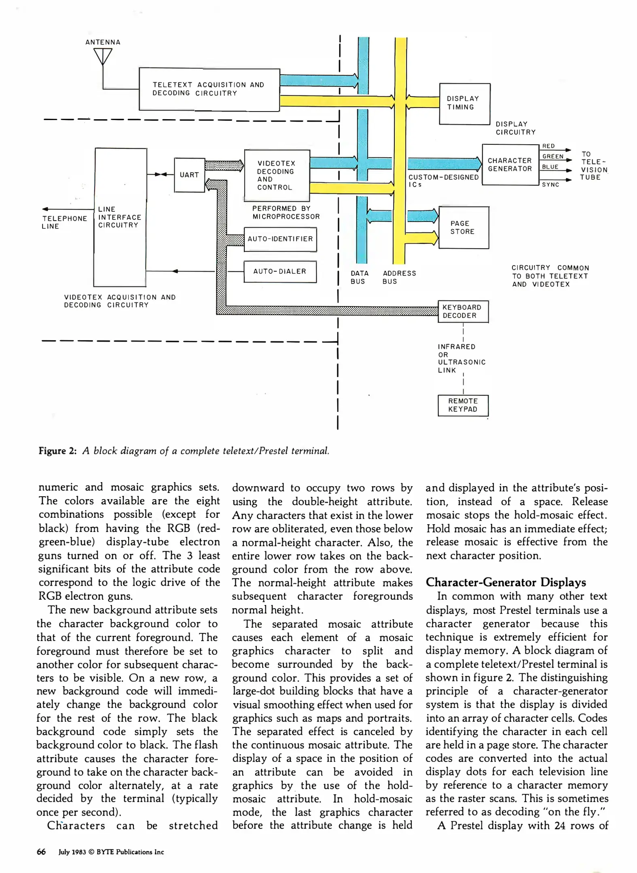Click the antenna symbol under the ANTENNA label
click(x=103, y=57)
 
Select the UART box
click(x=189, y=175)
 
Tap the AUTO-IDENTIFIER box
click(x=280, y=239)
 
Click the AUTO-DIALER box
click(x=280, y=272)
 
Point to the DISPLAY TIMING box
click(x=464, y=103)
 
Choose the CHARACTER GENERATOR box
click(x=510, y=164)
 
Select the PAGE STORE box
click(x=463, y=228)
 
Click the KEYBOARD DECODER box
click(x=463, y=312)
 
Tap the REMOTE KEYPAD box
click(x=463, y=405)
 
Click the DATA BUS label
click(x=359, y=277)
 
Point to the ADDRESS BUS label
click(x=399, y=277)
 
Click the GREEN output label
click(x=552, y=156)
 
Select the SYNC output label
click(x=550, y=185)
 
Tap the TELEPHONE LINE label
click(x=64, y=222)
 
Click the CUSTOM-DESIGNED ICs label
click(x=443, y=181)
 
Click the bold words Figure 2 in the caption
click(x=57, y=451)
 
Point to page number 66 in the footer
click(x=41, y=852)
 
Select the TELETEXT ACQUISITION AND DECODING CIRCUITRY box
click(x=209, y=89)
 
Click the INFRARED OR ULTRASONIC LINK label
click(x=461, y=358)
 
